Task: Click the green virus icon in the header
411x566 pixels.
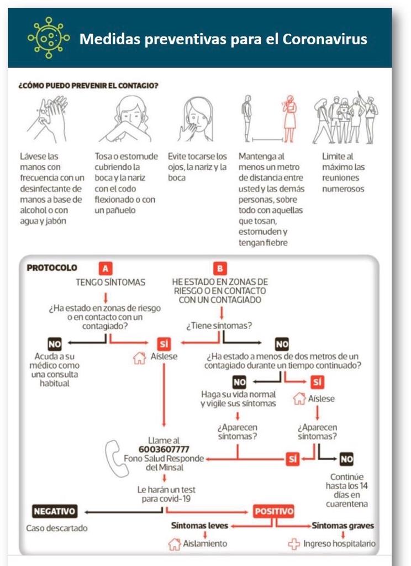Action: click(x=49, y=38)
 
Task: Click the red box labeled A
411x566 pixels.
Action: click(x=105, y=269)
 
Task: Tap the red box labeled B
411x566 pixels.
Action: click(x=220, y=269)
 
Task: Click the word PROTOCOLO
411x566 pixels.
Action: click(x=52, y=268)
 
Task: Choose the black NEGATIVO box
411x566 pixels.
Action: click(x=55, y=511)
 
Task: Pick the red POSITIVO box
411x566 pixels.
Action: click(x=273, y=511)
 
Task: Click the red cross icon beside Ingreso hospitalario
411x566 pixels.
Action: click(x=294, y=544)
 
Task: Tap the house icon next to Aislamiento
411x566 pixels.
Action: click(x=175, y=544)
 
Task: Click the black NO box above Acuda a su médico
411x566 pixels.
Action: click(x=55, y=344)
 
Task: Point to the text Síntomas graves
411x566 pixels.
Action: click(x=342, y=526)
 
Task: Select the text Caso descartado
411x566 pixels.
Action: click(x=57, y=528)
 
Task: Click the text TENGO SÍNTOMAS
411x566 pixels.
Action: click(x=110, y=282)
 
